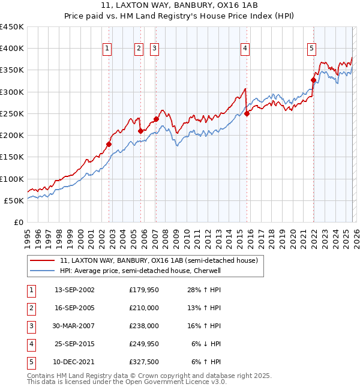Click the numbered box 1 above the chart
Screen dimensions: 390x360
click(x=107, y=49)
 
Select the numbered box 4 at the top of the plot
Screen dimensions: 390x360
click(x=245, y=49)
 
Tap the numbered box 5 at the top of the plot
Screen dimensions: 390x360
click(x=312, y=49)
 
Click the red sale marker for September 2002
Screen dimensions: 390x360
click(x=109, y=144)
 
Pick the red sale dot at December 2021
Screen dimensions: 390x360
click(x=313, y=80)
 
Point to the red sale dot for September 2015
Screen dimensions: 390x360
click(x=247, y=113)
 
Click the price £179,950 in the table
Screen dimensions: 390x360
click(x=144, y=290)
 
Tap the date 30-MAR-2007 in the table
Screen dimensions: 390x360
click(x=74, y=326)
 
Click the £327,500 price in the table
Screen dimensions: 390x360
click(x=144, y=362)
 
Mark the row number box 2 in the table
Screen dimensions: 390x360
click(x=30, y=308)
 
